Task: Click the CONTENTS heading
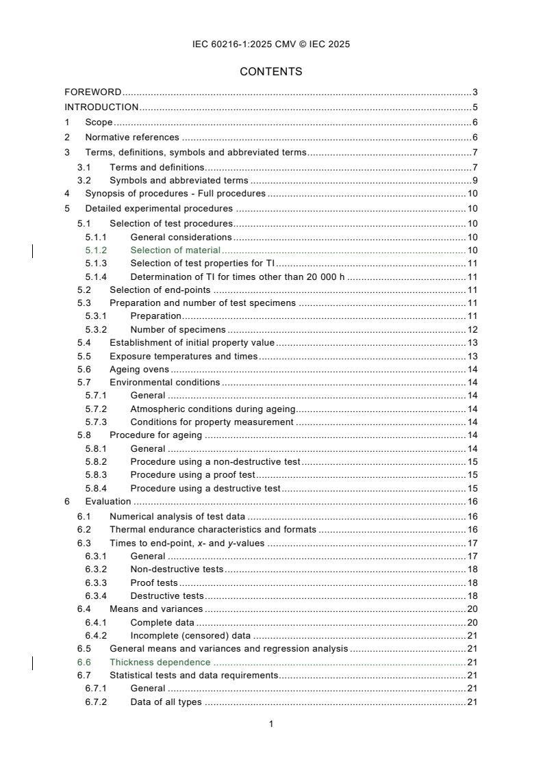271,71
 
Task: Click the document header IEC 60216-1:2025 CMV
271,44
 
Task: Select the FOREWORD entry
93,92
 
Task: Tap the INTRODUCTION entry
101,107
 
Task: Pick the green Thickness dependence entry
160,662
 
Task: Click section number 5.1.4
97,277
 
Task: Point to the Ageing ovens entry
139,370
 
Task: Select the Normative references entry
132,137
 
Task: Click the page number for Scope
475,122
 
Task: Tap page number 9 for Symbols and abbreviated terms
475,181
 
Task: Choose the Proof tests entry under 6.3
154,583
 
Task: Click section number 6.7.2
97,702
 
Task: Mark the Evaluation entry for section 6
108,502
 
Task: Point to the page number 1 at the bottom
271,724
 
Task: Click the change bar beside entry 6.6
34,662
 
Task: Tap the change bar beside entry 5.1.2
34,251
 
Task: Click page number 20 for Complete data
472,622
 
